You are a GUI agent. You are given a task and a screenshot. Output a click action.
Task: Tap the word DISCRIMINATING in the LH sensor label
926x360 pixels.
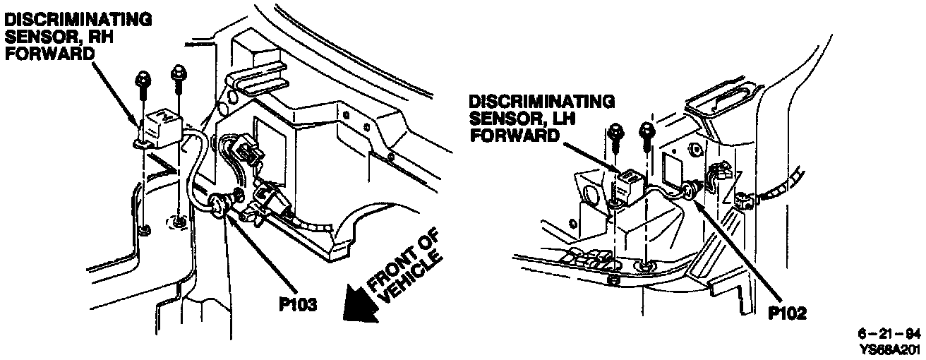tap(541, 102)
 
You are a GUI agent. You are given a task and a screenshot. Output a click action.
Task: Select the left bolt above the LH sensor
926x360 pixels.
tap(614, 134)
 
